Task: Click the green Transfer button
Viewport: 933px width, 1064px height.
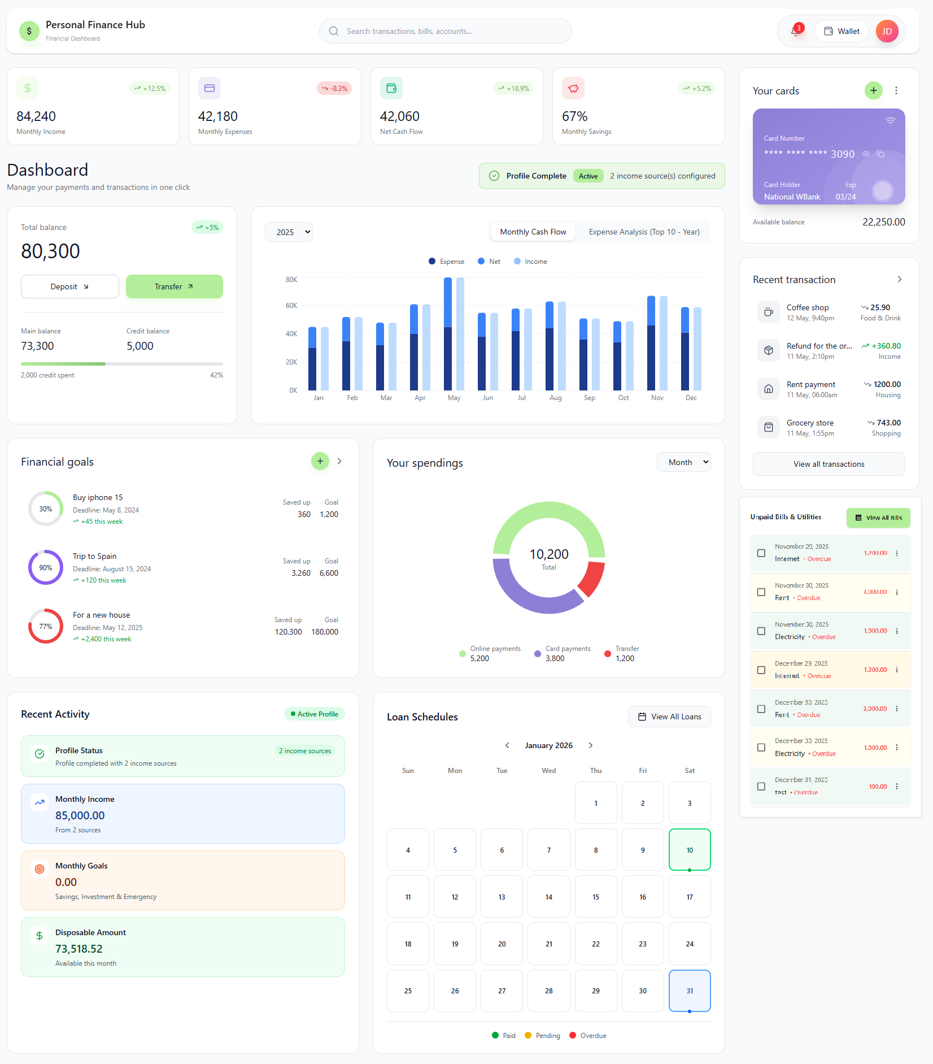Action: click(174, 286)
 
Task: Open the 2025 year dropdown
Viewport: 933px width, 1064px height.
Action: click(289, 232)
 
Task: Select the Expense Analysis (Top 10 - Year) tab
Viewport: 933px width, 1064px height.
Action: click(644, 232)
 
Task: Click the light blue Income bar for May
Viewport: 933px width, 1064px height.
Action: click(460, 333)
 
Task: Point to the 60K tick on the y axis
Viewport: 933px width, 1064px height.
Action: click(291, 306)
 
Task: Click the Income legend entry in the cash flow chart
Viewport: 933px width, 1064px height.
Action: click(530, 262)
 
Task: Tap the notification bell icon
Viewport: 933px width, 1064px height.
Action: click(795, 32)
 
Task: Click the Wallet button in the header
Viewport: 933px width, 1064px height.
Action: click(842, 32)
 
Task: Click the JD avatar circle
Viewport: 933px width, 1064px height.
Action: click(887, 32)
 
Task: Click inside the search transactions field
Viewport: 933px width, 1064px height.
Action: click(446, 32)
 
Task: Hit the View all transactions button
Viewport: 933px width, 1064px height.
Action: click(829, 464)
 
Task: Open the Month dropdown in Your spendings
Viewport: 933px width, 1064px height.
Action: click(683, 462)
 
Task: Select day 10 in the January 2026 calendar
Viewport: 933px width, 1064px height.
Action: click(690, 850)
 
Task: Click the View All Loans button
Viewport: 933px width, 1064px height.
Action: click(669, 717)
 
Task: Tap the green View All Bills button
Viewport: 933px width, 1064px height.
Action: click(878, 518)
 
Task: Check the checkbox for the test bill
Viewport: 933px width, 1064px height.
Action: click(761, 787)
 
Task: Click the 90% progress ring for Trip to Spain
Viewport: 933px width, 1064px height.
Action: click(46, 568)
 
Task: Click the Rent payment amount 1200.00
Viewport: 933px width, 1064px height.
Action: click(887, 384)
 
